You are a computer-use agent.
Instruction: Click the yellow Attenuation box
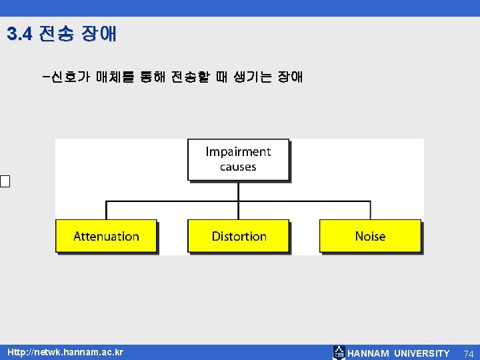(x=106, y=236)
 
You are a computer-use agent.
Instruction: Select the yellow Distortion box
(x=239, y=236)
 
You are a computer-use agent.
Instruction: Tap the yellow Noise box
(x=370, y=236)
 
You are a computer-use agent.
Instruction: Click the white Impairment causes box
(x=238, y=159)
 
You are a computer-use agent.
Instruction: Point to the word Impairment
(x=238, y=152)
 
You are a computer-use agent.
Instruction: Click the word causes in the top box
(x=238, y=167)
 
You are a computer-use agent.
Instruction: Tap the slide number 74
(x=468, y=353)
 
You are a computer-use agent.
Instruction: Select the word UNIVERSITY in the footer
(x=422, y=353)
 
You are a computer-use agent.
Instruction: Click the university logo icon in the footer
(x=339, y=353)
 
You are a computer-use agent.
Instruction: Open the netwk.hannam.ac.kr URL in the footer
(x=65, y=351)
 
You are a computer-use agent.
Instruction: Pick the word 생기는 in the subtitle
(x=253, y=77)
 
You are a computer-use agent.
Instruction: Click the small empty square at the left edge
(x=5, y=181)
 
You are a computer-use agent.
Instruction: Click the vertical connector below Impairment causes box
(x=238, y=191)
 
